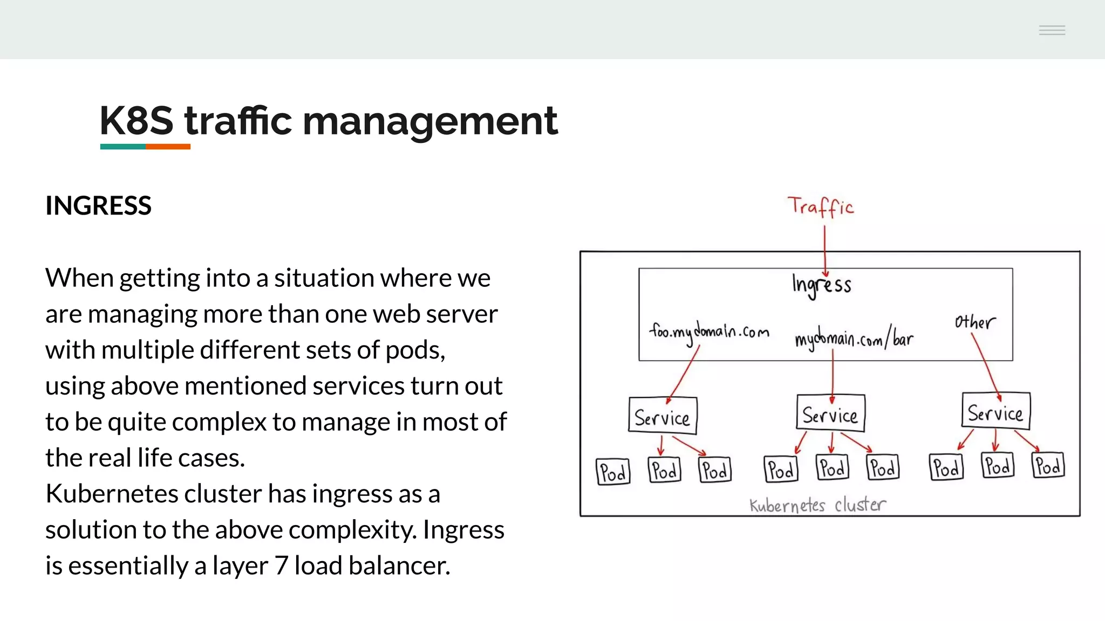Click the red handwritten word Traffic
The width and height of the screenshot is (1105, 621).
pyautogui.click(x=820, y=206)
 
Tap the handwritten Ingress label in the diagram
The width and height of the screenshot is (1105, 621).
pyautogui.click(x=821, y=285)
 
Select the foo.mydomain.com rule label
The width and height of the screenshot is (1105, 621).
pyautogui.click(x=709, y=332)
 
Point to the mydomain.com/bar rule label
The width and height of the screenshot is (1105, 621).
pyautogui.click(x=854, y=339)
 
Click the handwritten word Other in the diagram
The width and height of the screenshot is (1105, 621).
pyautogui.click(x=974, y=322)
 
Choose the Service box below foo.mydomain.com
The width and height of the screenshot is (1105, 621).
pyautogui.click(x=663, y=416)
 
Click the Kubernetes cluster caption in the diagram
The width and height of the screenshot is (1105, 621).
pyautogui.click(x=817, y=505)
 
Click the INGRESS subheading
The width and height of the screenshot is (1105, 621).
pyautogui.click(x=98, y=206)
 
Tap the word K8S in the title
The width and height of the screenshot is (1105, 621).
pyautogui.click(x=137, y=121)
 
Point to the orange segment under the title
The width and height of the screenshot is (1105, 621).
pyautogui.click(x=168, y=147)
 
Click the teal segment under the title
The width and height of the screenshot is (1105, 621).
pyautogui.click(x=122, y=147)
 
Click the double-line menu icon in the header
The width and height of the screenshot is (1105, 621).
pyautogui.click(x=1052, y=30)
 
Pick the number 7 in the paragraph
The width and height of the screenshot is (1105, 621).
pyautogui.click(x=281, y=566)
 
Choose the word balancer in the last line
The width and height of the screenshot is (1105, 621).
pyautogui.click(x=399, y=566)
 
